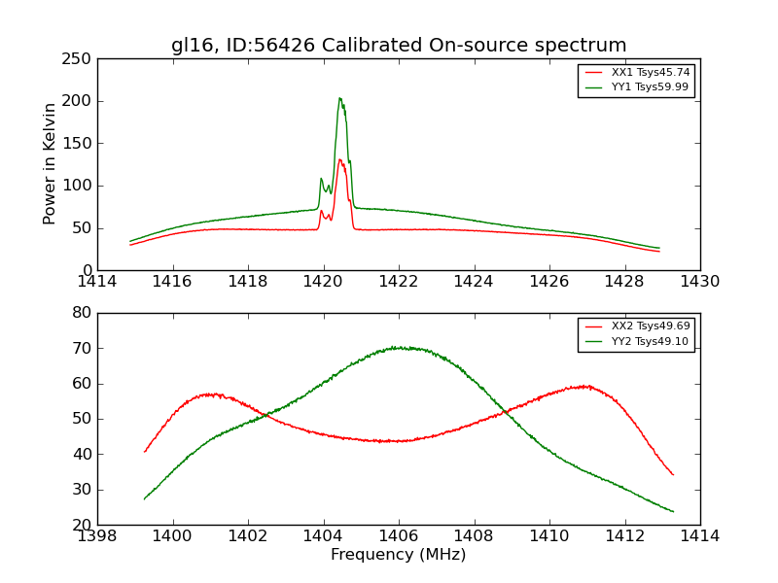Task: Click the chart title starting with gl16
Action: coord(399,46)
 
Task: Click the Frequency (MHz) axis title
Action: coord(399,555)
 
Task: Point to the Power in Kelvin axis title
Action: coord(51,164)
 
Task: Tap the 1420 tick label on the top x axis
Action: coord(323,282)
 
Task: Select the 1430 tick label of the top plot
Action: coord(699,282)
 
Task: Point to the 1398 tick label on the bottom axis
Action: coord(97,536)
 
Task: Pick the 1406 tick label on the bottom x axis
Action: coord(399,536)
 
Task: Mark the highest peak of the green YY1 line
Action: coord(339,98)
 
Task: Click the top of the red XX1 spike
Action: coord(339,159)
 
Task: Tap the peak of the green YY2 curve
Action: coord(397,347)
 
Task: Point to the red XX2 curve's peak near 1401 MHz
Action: coord(209,394)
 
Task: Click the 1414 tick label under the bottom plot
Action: coord(699,536)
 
